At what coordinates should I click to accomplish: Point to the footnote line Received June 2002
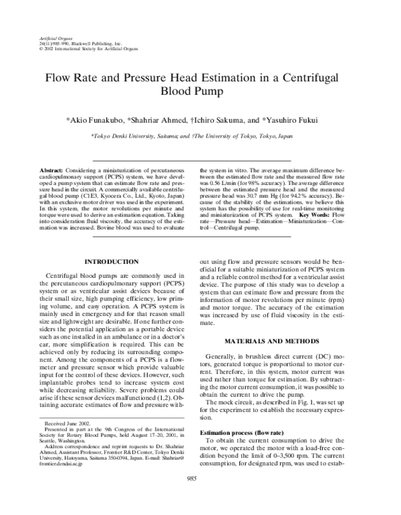coord(67,442)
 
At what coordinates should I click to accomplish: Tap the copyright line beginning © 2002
coord(80,49)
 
